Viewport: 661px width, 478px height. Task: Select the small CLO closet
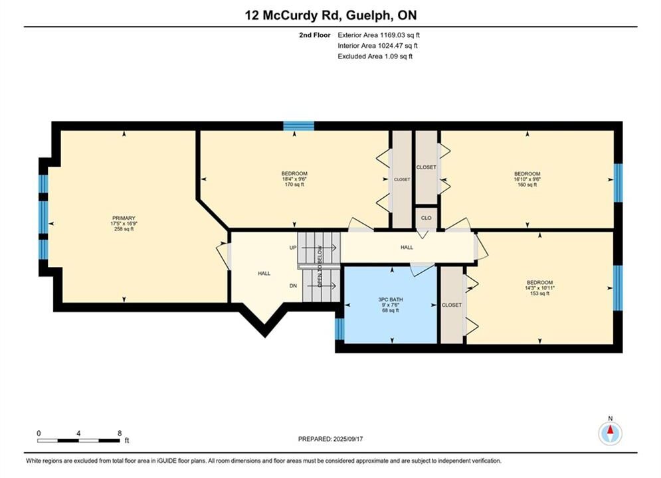click(426, 218)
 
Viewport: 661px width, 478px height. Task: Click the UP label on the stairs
click(293, 248)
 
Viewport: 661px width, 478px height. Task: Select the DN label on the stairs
click(294, 286)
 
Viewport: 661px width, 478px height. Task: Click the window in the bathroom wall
click(339, 329)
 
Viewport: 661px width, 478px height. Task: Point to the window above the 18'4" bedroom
click(298, 125)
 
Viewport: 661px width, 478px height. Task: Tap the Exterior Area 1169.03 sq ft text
click(379, 35)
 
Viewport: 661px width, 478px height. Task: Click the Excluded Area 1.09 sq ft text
click(375, 56)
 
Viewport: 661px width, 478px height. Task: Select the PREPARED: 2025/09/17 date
click(331, 439)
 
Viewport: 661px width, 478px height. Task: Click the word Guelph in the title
click(371, 15)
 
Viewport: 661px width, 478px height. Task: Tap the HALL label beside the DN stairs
click(264, 274)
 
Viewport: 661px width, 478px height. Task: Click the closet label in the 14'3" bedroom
click(452, 305)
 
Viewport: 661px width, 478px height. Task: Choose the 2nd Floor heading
click(315, 35)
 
